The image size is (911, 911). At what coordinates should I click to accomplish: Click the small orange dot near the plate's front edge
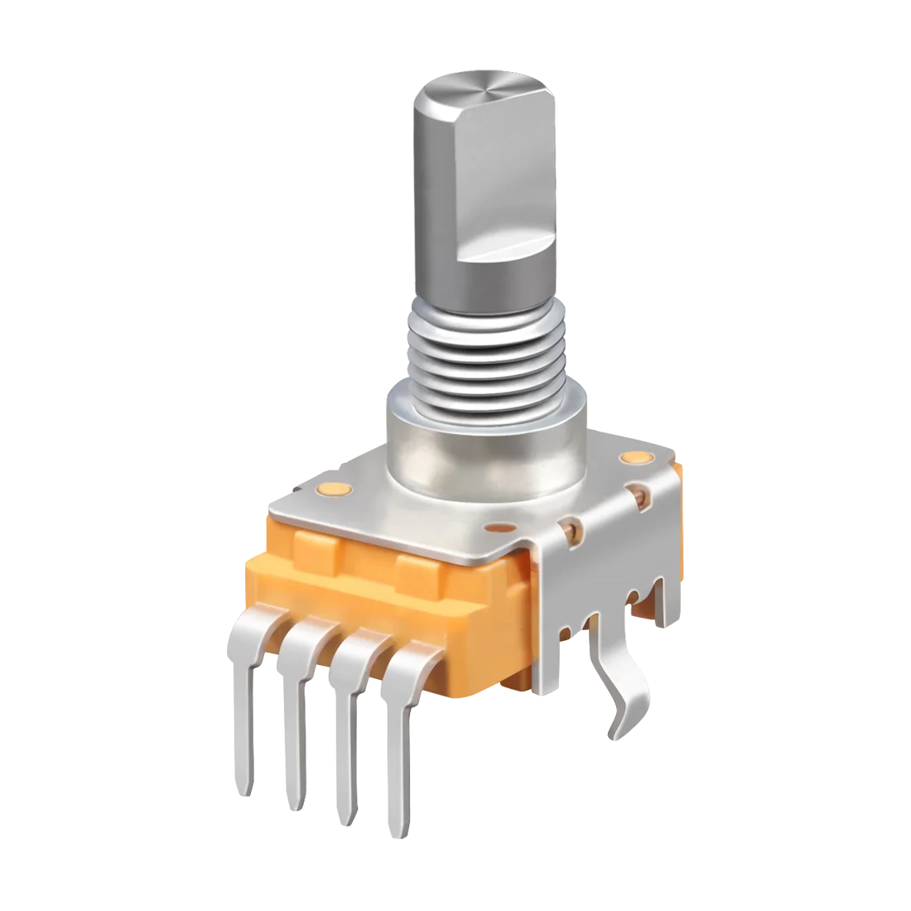500,527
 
